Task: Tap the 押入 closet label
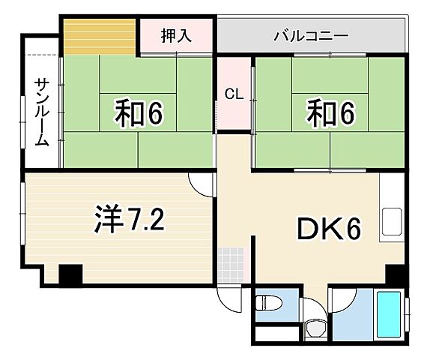click(176, 35)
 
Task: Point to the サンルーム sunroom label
click(40, 111)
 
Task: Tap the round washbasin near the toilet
click(315, 328)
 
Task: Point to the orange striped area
click(99, 35)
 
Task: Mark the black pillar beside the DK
click(395, 275)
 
